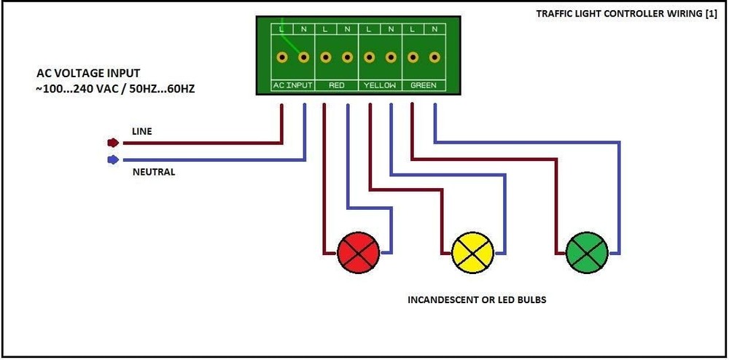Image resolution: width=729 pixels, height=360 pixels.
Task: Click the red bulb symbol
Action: (359, 254)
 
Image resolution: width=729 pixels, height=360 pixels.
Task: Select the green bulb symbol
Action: (587, 254)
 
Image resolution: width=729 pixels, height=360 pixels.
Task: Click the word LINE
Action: (142, 131)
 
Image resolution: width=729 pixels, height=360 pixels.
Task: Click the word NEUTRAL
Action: (153, 173)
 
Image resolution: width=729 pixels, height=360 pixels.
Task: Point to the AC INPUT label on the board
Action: (292, 85)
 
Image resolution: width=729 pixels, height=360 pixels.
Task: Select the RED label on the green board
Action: (336, 85)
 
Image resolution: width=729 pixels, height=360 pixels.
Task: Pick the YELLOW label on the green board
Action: (380, 85)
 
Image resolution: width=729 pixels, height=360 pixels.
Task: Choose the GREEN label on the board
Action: (424, 85)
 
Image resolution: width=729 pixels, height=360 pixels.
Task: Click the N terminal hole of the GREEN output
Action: (434, 57)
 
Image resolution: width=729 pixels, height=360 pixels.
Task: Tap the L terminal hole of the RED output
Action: (325, 57)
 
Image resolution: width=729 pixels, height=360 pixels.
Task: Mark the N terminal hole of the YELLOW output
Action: (391, 57)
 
